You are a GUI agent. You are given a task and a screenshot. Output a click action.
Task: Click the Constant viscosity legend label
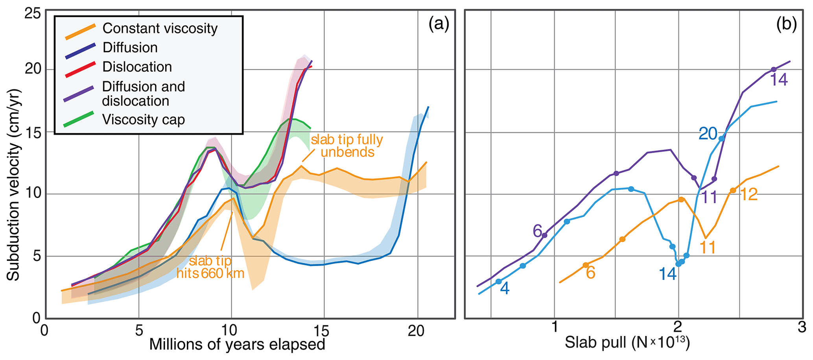click(160, 28)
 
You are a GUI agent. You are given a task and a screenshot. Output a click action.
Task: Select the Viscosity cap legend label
click(143, 120)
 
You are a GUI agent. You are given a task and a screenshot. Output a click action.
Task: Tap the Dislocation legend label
click(137, 67)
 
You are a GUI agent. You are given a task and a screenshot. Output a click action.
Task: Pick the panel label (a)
click(439, 24)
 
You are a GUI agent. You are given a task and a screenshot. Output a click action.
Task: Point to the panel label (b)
click(786, 24)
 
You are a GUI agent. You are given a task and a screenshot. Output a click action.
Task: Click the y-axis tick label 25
click(32, 14)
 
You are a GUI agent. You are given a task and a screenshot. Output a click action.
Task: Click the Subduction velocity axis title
click(13, 185)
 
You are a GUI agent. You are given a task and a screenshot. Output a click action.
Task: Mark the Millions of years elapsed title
click(237, 345)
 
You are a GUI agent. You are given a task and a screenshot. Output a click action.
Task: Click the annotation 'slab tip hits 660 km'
click(210, 267)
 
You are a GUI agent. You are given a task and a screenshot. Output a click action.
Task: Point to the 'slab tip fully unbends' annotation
click(347, 146)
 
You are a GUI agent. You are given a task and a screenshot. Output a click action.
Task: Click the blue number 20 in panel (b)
click(708, 134)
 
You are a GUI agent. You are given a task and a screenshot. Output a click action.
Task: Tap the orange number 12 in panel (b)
click(748, 194)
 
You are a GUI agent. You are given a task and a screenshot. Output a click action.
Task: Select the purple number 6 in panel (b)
click(538, 231)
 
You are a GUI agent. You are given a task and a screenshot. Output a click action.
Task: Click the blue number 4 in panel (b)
click(505, 289)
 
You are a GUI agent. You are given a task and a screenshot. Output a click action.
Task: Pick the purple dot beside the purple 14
click(774, 70)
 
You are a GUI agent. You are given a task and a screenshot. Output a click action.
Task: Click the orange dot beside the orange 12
click(733, 190)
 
